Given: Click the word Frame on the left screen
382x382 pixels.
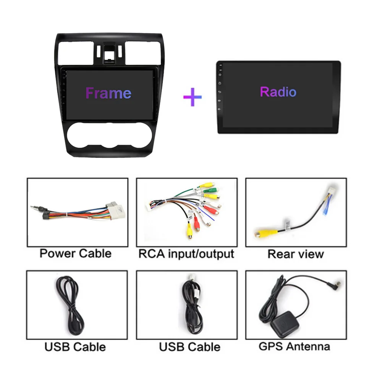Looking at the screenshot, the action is pyautogui.click(x=108, y=93).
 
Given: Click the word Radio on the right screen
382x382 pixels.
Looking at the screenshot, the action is pyautogui.click(x=278, y=92).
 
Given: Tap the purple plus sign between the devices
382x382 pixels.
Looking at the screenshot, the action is pyautogui.click(x=193, y=97).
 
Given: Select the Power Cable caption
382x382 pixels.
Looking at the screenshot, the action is pyautogui.click(x=76, y=253).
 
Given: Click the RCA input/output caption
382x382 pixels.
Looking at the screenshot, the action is pyautogui.click(x=186, y=254).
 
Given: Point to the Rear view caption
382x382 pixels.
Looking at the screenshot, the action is pyautogui.click(x=296, y=254).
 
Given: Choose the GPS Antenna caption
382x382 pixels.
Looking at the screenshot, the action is pyautogui.click(x=294, y=346).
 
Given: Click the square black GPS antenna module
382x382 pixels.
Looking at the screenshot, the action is pyautogui.click(x=285, y=324).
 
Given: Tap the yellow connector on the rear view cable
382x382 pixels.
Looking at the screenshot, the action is pyautogui.click(x=263, y=233).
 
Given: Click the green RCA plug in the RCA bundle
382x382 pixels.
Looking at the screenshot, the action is pyautogui.click(x=211, y=190).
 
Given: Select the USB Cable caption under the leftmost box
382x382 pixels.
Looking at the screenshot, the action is pyautogui.click(x=75, y=347).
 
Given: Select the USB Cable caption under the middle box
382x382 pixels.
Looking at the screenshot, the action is pyautogui.click(x=189, y=347).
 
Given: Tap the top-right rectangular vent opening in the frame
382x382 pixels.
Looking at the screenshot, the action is pyautogui.click(x=143, y=53).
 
